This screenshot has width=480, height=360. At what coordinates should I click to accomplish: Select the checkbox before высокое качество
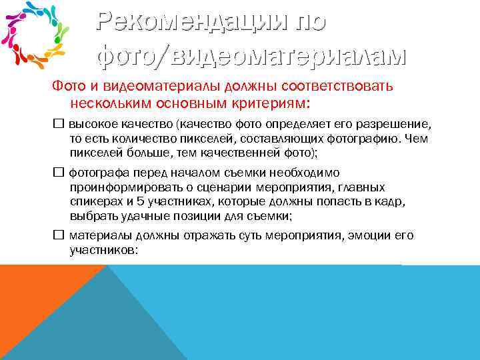tap(58, 125)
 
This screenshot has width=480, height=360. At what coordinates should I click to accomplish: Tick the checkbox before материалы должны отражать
tap(58, 235)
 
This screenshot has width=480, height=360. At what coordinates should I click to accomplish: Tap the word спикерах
tap(93, 201)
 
